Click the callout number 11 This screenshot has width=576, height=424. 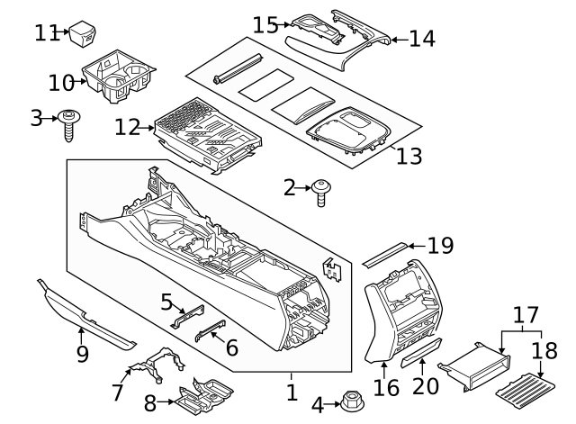coord(47,33)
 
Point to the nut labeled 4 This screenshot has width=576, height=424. coord(350,401)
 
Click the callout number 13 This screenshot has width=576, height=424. coord(409,156)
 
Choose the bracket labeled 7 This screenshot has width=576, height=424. coord(157,365)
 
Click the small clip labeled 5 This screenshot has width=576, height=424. coord(188,311)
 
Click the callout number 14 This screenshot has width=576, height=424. coord(421,38)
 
